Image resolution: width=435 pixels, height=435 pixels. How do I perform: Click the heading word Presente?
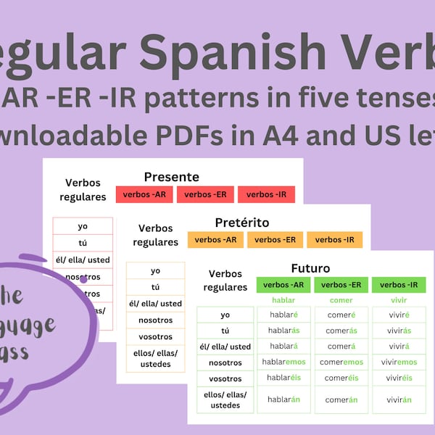[171, 176]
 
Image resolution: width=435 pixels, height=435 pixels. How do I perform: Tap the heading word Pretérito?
[242, 222]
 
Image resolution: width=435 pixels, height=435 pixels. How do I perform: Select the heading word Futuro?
[310, 267]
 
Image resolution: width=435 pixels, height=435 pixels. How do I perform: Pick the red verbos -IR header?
[266, 194]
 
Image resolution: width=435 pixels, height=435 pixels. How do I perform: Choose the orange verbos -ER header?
[275, 240]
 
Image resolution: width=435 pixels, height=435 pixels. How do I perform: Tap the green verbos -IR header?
[399, 285]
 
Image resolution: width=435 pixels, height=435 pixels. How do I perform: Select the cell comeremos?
[341, 362]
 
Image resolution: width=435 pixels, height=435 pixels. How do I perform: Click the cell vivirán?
[398, 399]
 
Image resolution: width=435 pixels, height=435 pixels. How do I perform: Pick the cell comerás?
[341, 330]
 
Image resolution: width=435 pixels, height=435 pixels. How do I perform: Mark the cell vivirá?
[398, 346]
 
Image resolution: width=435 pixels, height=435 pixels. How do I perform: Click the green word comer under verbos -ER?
[341, 300]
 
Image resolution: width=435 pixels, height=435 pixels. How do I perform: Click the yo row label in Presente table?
[82, 226]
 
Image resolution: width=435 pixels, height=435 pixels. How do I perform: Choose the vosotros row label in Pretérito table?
[155, 336]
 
